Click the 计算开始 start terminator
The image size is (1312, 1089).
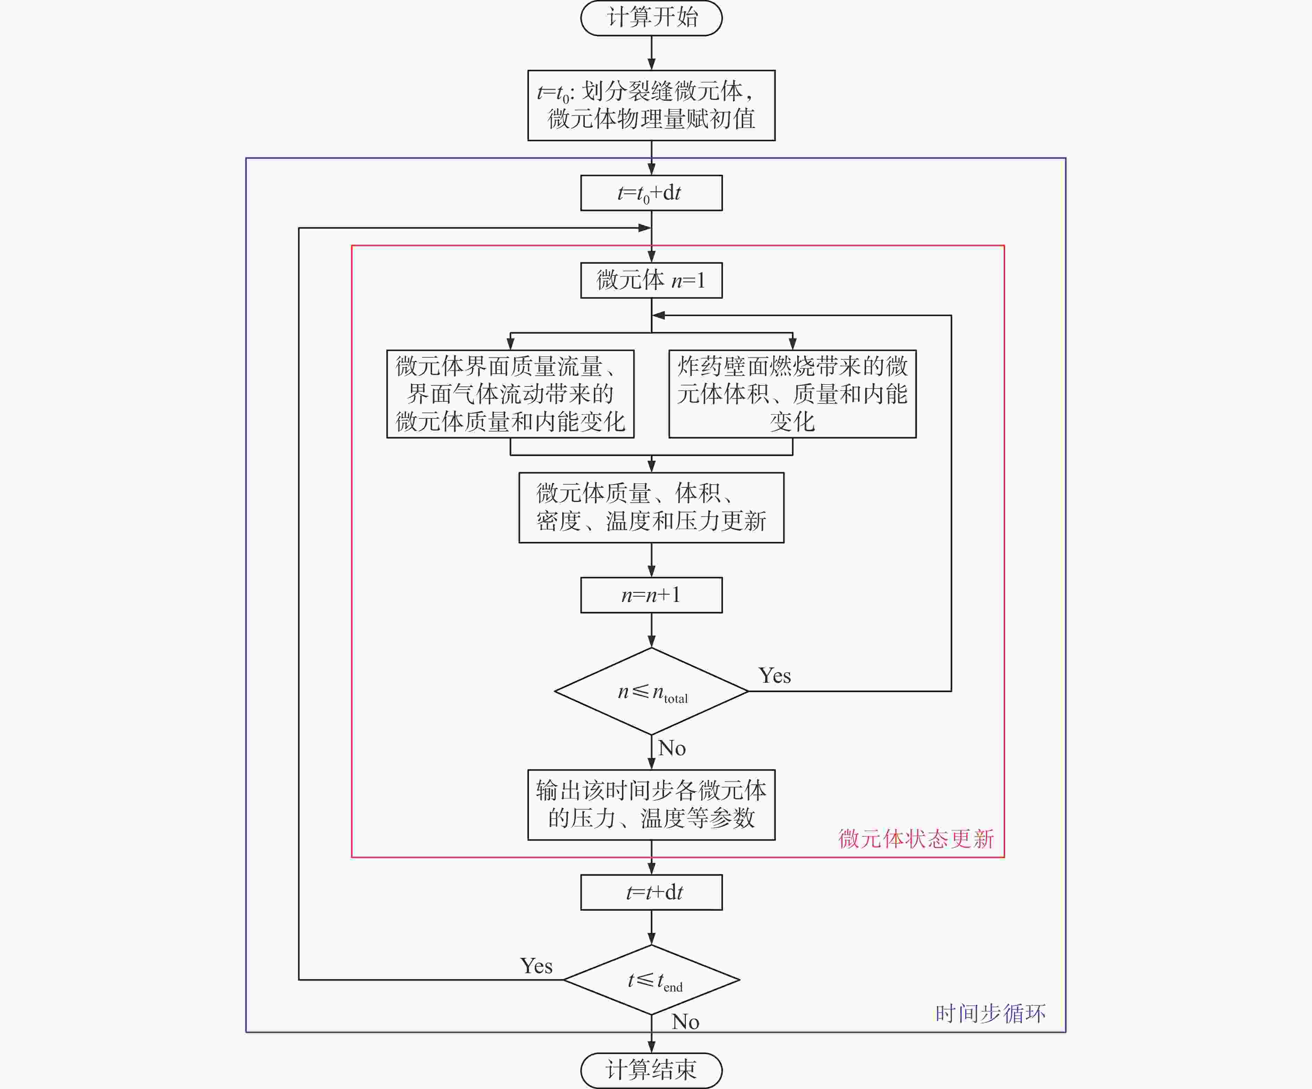pyautogui.click(x=651, y=18)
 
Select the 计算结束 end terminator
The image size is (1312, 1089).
pyautogui.click(x=651, y=1070)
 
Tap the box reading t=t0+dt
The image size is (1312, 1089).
pyautogui.click(x=651, y=193)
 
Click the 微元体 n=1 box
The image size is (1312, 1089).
pyautogui.click(x=651, y=280)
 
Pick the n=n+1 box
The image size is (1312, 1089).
pyautogui.click(x=651, y=595)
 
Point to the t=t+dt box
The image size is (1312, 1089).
pyautogui.click(x=651, y=892)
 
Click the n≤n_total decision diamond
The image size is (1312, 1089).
pyautogui.click(x=651, y=691)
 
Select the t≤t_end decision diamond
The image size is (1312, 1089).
pyautogui.click(x=651, y=980)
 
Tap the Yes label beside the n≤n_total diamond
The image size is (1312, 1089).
pyautogui.click(x=775, y=675)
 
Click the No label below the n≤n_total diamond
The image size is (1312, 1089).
pyautogui.click(x=672, y=748)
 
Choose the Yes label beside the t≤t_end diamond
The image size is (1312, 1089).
pyautogui.click(x=536, y=966)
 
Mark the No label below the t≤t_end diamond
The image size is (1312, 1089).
pyautogui.click(x=686, y=1022)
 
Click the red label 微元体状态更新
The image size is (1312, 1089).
pyautogui.click(x=916, y=839)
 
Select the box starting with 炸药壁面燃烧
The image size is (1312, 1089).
pyautogui.click(x=792, y=394)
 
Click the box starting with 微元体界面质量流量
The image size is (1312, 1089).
pyautogui.click(x=511, y=394)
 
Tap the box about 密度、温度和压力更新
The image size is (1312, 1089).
pyautogui.click(x=651, y=508)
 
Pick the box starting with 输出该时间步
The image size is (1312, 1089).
pyautogui.click(x=651, y=805)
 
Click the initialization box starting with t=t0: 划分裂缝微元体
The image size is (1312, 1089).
pyautogui.click(x=651, y=105)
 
